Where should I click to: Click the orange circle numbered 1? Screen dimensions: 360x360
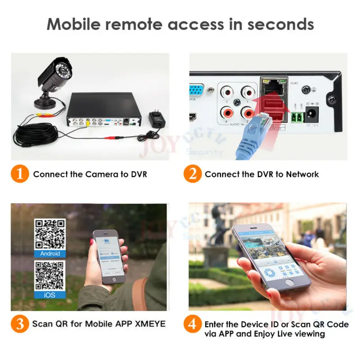(x=19, y=174)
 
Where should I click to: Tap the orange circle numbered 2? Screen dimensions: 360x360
(x=193, y=174)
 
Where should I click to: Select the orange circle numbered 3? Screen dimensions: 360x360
(x=19, y=324)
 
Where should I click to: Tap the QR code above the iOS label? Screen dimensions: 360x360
(x=50, y=275)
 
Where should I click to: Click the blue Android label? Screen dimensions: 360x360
(x=50, y=253)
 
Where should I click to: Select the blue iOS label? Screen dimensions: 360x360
(x=50, y=295)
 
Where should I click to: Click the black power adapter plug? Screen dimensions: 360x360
(x=155, y=119)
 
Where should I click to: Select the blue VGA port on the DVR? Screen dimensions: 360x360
(x=197, y=90)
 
